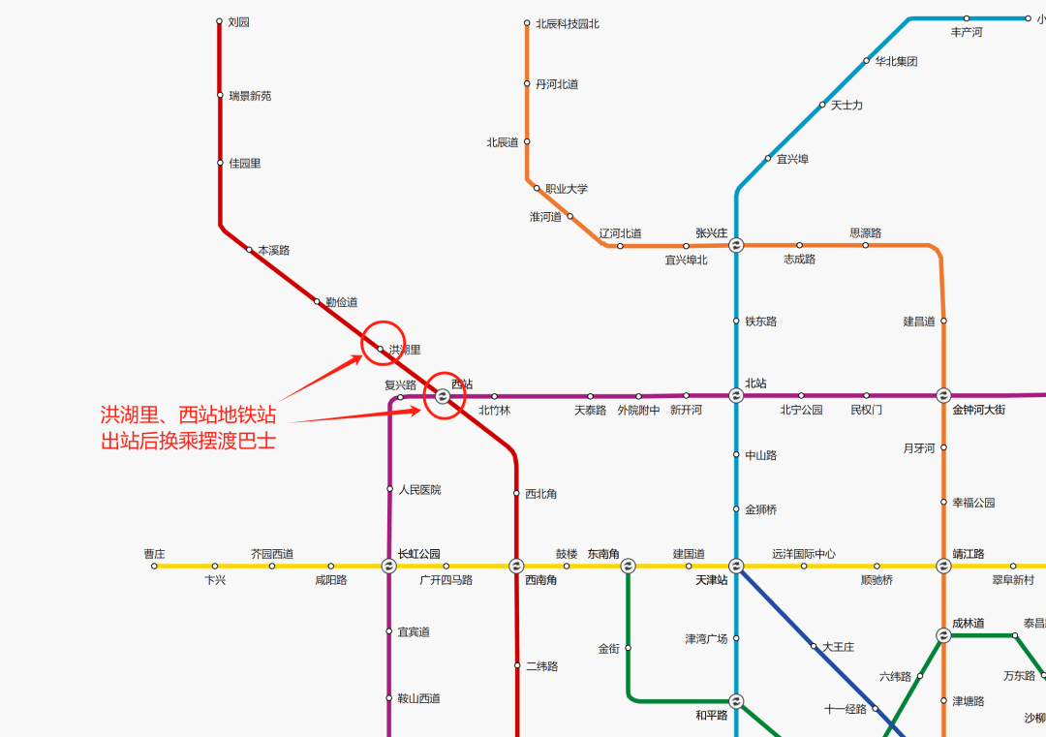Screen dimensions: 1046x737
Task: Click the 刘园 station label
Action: tap(239, 22)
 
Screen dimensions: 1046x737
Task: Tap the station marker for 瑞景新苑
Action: tap(220, 95)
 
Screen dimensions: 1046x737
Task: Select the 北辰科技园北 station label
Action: tap(567, 24)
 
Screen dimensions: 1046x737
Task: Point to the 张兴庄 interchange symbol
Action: tap(736, 245)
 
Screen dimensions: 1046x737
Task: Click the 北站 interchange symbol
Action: tap(736, 395)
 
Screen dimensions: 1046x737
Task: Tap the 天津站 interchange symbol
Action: tap(736, 567)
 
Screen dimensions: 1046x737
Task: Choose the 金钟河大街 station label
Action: tap(978, 410)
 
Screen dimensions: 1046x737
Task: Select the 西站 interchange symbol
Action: tap(443, 397)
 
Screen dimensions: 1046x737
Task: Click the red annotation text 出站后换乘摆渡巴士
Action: tap(188, 441)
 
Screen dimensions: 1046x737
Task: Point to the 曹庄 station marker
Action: tap(154, 567)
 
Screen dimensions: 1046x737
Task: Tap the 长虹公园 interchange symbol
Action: tap(388, 567)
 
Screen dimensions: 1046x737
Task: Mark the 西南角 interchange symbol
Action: tap(516, 567)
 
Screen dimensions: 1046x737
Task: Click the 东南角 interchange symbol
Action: tap(628, 567)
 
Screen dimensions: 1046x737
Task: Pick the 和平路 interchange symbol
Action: tap(736, 701)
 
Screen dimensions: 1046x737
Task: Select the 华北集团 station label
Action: tap(896, 61)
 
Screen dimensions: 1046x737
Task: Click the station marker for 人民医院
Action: tap(389, 489)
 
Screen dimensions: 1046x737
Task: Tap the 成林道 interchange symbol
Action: tap(943, 635)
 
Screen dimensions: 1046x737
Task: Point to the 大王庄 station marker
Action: tap(814, 646)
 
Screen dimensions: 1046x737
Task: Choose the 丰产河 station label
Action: tap(967, 32)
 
